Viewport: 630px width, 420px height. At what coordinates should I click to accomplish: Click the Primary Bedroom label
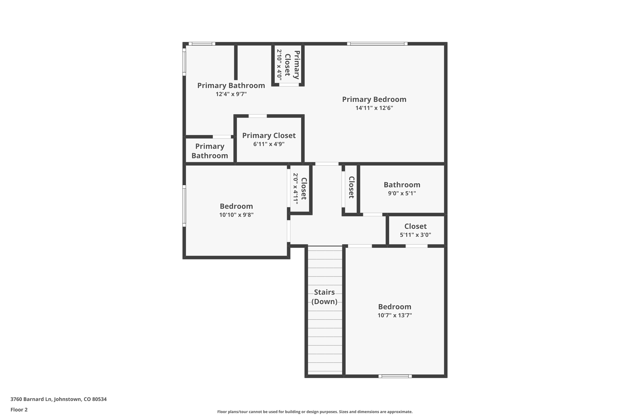[x=374, y=99]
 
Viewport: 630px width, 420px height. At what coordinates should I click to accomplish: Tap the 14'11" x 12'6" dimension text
[x=374, y=108]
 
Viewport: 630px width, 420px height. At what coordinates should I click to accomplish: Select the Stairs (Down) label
[x=324, y=297]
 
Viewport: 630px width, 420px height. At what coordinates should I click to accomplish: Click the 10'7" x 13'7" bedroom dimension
[x=394, y=315]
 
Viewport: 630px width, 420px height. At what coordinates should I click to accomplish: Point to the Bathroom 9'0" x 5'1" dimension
[x=402, y=193]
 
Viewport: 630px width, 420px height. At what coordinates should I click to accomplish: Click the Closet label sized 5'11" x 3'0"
[x=415, y=226]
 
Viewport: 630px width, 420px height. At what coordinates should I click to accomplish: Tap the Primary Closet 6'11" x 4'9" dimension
[x=269, y=144]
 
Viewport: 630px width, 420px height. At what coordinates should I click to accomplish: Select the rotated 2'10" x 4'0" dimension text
[x=279, y=65]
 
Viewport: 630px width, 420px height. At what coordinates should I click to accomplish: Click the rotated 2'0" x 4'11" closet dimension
[x=295, y=188]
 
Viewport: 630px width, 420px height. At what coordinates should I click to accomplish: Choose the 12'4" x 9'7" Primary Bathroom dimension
[x=231, y=94]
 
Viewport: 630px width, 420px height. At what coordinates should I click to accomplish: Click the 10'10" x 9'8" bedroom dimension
[x=236, y=215]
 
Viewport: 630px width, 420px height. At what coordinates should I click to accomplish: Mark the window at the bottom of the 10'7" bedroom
[x=395, y=376]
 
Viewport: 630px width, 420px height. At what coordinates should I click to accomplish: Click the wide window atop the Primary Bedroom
[x=377, y=44]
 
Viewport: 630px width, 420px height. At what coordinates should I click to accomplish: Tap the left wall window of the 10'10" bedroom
[x=184, y=206]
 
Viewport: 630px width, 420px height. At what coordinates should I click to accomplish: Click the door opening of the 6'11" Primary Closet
[x=257, y=116]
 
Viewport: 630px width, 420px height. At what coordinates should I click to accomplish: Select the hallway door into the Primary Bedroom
[x=327, y=164]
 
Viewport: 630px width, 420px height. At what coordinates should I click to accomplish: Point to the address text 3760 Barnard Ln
[x=58, y=399]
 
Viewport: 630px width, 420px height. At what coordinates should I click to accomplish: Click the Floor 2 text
[x=19, y=410]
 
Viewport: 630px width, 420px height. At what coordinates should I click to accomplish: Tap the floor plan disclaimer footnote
[x=315, y=412]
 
